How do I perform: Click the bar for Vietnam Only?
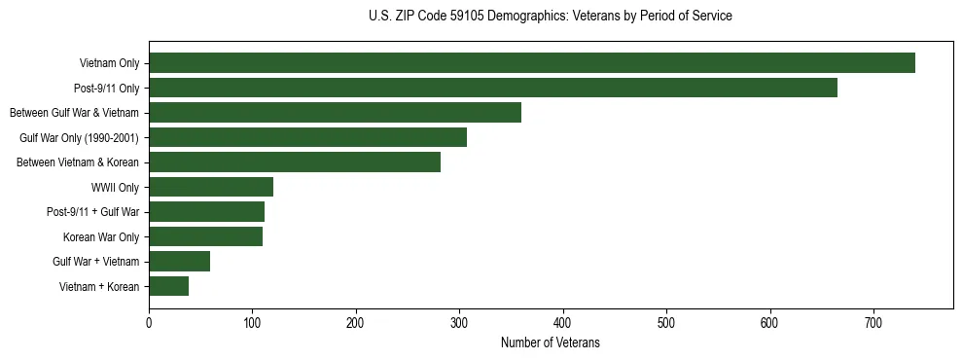pyautogui.click(x=531, y=63)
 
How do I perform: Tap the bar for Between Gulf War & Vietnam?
pyautogui.click(x=335, y=113)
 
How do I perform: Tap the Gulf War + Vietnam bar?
pyautogui.click(x=179, y=261)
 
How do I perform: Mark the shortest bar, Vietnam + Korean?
pyautogui.click(x=168, y=286)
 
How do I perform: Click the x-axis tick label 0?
pyautogui.click(x=149, y=322)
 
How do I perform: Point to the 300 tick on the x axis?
pyautogui.click(x=459, y=322)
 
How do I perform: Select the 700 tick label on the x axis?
pyautogui.click(x=873, y=322)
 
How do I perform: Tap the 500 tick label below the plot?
pyautogui.click(x=666, y=322)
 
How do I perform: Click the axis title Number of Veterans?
pyautogui.click(x=550, y=343)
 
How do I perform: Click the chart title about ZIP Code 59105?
pyautogui.click(x=550, y=16)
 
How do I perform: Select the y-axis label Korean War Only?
pyautogui.click(x=101, y=236)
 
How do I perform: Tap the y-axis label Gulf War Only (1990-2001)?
pyautogui.click(x=80, y=137)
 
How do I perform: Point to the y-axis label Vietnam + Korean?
pyautogui.click(x=99, y=286)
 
